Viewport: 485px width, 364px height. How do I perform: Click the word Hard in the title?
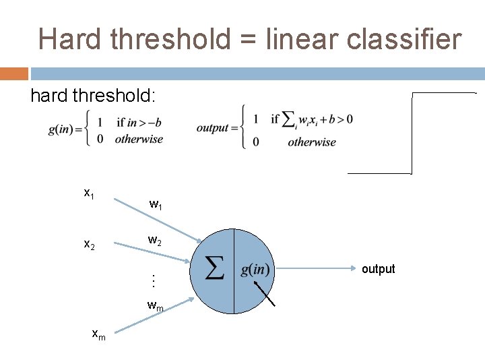pyautogui.click(x=65, y=39)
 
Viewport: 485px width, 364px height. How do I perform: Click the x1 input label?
pyautogui.click(x=88, y=193)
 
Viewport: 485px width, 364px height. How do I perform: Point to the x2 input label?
pyautogui.click(x=88, y=244)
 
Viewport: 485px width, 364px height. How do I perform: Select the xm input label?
pyautogui.click(x=98, y=332)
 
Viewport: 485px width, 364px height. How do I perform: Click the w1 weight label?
pyautogui.click(x=156, y=204)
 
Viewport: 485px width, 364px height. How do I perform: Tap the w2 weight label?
pyautogui.click(x=155, y=240)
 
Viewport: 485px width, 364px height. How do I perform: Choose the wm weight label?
pyautogui.click(x=156, y=306)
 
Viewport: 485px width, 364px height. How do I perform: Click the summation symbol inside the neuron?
pyautogui.click(x=214, y=270)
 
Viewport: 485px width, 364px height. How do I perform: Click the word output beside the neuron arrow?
pyautogui.click(x=378, y=269)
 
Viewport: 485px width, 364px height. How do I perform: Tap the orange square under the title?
pyautogui.click(x=14, y=73)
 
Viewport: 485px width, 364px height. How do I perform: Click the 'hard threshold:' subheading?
pyautogui.click(x=93, y=96)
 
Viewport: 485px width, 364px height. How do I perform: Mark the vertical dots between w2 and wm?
pyautogui.click(x=154, y=278)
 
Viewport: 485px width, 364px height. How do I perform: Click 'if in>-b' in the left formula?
pyautogui.click(x=139, y=123)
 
